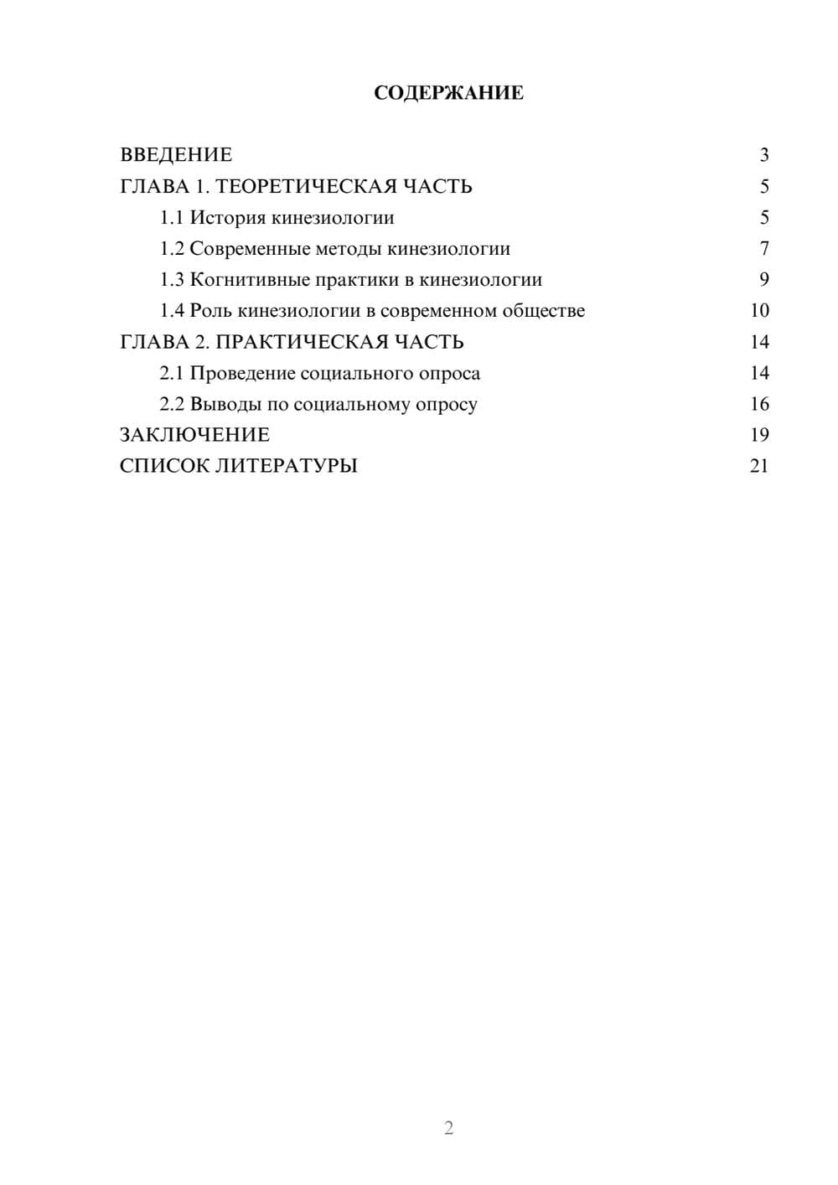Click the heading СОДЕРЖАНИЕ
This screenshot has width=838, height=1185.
(x=448, y=93)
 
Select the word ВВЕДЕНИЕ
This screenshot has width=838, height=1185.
(x=176, y=155)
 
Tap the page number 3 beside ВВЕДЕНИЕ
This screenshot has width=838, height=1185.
(x=763, y=155)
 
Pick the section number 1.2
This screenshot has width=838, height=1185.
(x=171, y=249)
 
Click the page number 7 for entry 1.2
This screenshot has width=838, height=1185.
(x=763, y=249)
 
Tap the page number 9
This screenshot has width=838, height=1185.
(x=763, y=280)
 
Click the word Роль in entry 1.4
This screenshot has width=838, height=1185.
(x=211, y=311)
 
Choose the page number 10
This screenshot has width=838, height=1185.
(x=759, y=311)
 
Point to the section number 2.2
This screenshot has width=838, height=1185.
(x=171, y=404)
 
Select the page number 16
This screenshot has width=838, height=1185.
(x=759, y=404)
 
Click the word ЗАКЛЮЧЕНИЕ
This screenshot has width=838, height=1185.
(x=194, y=435)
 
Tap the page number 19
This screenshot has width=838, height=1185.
(x=759, y=435)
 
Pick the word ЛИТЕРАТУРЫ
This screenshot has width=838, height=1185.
(x=287, y=466)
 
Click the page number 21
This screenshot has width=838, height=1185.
(x=759, y=466)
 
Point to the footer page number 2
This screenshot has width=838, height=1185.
(x=448, y=1128)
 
